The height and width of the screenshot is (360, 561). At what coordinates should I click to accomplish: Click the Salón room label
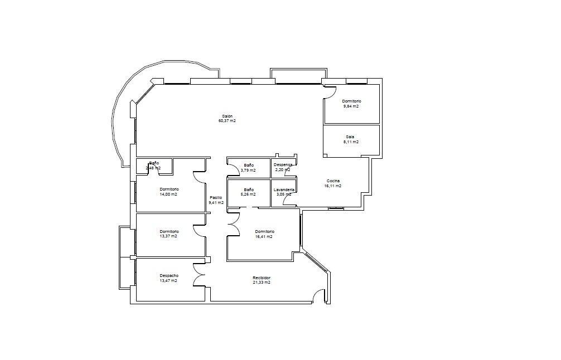tap(227, 116)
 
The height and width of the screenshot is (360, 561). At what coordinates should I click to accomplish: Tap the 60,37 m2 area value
tap(227, 121)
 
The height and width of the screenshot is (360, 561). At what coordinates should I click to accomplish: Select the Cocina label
tap(333, 181)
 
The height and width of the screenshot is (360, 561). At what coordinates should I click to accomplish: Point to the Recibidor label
tap(262, 278)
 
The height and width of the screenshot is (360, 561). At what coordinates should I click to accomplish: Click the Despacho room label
tap(169, 275)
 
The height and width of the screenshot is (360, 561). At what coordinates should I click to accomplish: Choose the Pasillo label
tap(216, 197)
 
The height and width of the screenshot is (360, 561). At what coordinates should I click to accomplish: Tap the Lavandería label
tap(284, 189)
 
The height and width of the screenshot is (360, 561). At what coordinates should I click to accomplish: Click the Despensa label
tap(283, 165)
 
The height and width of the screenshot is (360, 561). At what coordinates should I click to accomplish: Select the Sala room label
tap(350, 137)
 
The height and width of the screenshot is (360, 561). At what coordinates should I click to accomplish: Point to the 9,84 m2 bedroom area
tap(351, 106)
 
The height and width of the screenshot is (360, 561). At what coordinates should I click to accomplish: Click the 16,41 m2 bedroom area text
tap(264, 236)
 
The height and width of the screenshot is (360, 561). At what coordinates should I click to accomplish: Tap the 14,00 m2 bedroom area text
tap(168, 194)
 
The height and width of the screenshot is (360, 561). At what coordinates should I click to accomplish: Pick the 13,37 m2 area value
tap(168, 236)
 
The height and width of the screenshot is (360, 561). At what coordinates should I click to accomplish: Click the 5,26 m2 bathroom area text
tap(248, 194)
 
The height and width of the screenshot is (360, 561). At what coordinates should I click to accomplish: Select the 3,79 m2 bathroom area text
tap(248, 170)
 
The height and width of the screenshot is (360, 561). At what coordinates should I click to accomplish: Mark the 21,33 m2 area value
tap(262, 283)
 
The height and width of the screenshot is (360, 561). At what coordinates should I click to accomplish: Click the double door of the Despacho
tap(199, 275)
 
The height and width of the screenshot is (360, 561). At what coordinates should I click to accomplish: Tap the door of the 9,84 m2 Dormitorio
tap(331, 93)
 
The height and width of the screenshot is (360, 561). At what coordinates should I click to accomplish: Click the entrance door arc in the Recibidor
tap(318, 296)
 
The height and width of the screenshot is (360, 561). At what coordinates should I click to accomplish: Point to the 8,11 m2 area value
tap(351, 142)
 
